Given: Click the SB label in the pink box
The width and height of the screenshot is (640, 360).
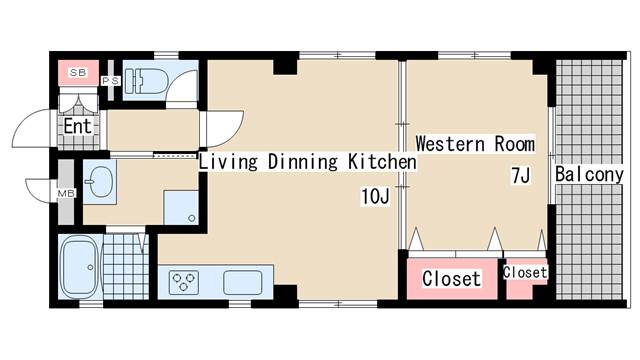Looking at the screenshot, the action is point(78,73).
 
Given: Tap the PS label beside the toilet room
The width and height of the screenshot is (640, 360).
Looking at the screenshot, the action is point(111,81).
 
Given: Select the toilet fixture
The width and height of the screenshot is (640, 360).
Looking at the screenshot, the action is point(145,80).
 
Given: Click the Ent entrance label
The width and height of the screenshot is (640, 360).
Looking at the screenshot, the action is point(78,126).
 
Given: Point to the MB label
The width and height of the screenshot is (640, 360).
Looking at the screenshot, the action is point(66,193).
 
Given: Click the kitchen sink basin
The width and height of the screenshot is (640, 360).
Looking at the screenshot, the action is point(243,282).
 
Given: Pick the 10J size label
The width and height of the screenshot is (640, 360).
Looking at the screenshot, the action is point(375,196).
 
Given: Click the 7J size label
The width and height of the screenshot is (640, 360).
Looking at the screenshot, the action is point(521,176).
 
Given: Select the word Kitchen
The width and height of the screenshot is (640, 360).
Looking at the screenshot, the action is point(382,162).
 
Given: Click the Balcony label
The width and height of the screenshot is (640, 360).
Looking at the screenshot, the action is point(589,175).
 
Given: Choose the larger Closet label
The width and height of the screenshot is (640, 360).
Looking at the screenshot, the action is point(451,279).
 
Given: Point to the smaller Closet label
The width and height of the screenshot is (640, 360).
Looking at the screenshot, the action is point(525,272).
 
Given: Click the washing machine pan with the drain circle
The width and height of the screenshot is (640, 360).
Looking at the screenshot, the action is point(181,207).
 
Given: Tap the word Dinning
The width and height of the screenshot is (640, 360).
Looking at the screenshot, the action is point(303,162).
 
